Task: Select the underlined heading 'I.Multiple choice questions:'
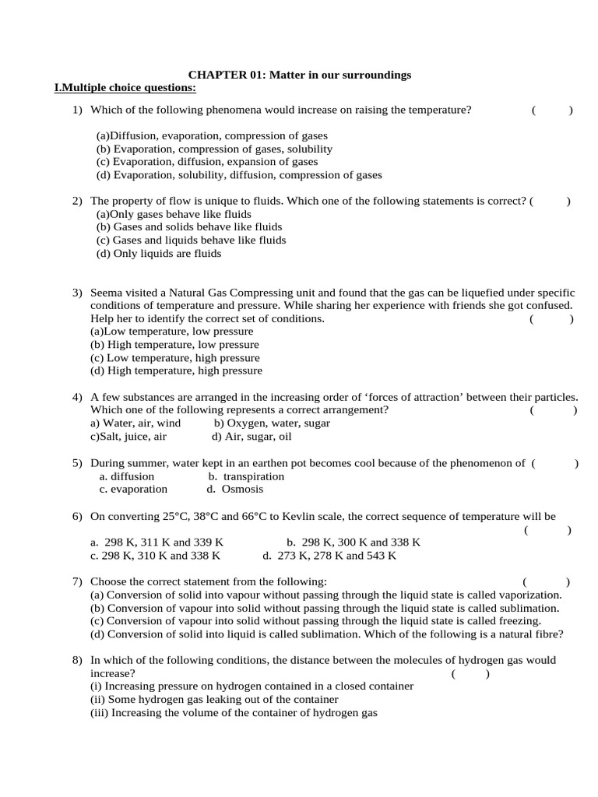[x=125, y=87]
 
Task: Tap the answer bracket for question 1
[x=552, y=110]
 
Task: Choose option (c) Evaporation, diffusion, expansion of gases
[x=207, y=162]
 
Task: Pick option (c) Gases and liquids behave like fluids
[x=191, y=241]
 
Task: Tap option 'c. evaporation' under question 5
[x=133, y=490]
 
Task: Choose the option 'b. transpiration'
[x=246, y=476]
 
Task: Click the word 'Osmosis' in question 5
[x=242, y=490]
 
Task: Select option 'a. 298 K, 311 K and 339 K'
[x=157, y=542]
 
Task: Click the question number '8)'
[x=77, y=660]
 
